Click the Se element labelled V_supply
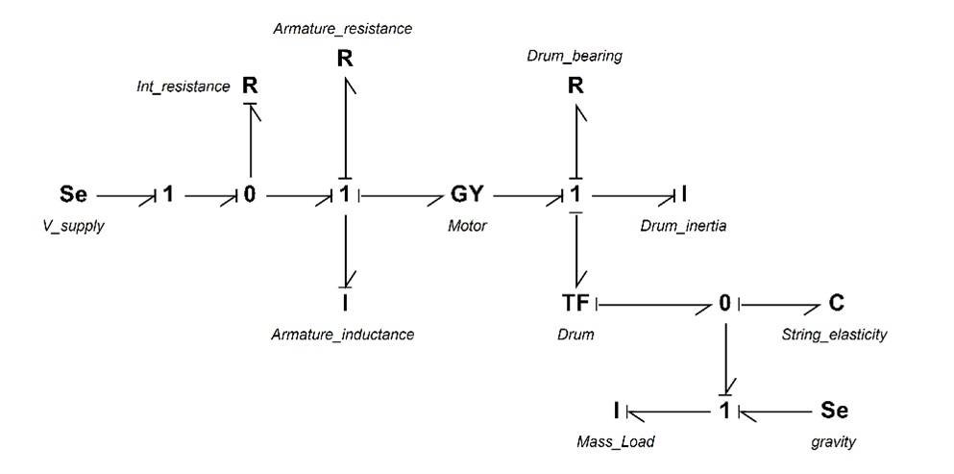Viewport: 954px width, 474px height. (74, 195)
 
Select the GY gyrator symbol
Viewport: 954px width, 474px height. (467, 195)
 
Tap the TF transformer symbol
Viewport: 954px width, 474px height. (575, 303)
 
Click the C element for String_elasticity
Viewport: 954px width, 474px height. (836, 303)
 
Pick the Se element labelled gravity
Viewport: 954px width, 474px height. (834, 411)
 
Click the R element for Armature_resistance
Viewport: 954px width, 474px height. (345, 59)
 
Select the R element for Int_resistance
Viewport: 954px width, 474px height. (250, 86)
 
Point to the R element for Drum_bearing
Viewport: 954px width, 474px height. (575, 86)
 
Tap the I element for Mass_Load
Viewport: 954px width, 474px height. (617, 411)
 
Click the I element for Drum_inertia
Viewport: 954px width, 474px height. (684, 195)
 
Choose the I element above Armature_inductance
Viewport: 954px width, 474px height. (345, 303)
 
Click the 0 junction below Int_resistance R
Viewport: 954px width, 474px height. (250, 195)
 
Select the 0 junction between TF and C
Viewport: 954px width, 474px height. (724, 303)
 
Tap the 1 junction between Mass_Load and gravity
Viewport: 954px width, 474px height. (724, 411)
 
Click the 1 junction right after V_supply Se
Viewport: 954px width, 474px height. (168, 195)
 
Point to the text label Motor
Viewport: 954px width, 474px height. (467, 226)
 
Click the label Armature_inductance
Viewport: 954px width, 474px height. (343, 334)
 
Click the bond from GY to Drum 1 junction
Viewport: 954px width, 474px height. (526, 197)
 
